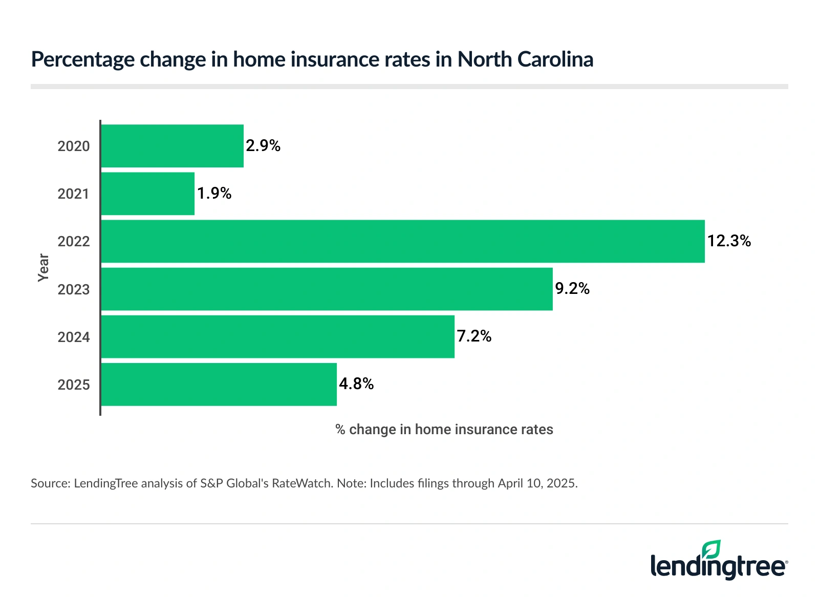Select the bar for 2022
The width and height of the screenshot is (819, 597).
[x=403, y=241]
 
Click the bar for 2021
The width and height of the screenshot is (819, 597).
[x=148, y=194]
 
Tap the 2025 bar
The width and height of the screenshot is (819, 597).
[x=219, y=385]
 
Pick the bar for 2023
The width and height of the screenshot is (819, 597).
[x=327, y=289]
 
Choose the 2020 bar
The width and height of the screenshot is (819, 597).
[x=173, y=146]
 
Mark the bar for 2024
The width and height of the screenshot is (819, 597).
[x=278, y=336]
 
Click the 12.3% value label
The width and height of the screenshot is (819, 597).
[x=729, y=241]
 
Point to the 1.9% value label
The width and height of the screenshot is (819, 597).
[x=214, y=194]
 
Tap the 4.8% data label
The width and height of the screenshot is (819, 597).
[x=356, y=384]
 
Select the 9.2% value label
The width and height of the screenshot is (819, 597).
[x=572, y=289]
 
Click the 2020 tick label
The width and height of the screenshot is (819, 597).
[x=74, y=146]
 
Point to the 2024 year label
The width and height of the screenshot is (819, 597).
[x=74, y=337]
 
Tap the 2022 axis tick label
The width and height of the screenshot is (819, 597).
[x=74, y=242]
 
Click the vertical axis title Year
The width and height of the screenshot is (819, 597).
[x=43, y=267]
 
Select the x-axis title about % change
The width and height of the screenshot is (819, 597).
[x=444, y=430]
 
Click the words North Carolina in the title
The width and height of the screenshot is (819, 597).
[x=525, y=59]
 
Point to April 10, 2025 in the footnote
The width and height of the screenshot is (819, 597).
[x=537, y=483]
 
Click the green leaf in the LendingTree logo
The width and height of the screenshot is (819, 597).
[x=712, y=549]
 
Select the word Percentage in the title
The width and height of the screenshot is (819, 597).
[x=82, y=60]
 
